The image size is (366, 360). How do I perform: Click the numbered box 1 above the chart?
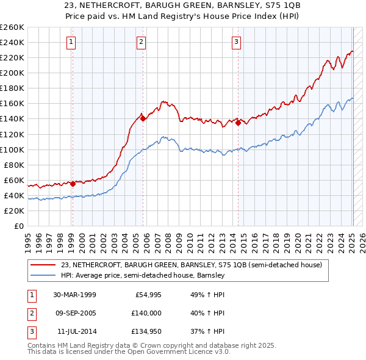tap(72, 42)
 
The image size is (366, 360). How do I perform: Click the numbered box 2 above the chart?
tap(141, 42)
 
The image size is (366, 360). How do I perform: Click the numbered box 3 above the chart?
tap(236, 42)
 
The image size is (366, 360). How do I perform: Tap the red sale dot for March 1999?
tap(73, 184)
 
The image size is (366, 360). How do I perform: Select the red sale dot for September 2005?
tap(143, 119)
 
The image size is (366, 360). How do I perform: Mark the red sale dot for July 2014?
tap(238, 123)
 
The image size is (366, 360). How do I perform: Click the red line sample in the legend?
tap(44, 265)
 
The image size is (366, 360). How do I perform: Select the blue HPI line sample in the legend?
tap(44, 276)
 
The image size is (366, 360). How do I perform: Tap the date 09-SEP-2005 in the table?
tap(74, 313)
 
